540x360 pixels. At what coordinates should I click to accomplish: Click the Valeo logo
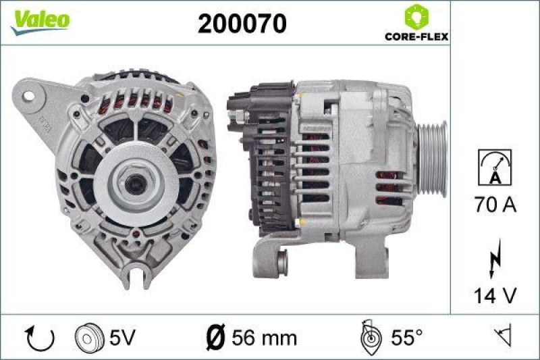39,20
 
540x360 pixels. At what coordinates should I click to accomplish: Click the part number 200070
242,24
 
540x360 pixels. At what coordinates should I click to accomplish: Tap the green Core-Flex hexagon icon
416,17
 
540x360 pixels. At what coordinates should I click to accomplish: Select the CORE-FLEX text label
416,37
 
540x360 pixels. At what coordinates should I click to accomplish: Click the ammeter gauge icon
495,168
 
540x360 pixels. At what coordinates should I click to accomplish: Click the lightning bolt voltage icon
495,257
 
